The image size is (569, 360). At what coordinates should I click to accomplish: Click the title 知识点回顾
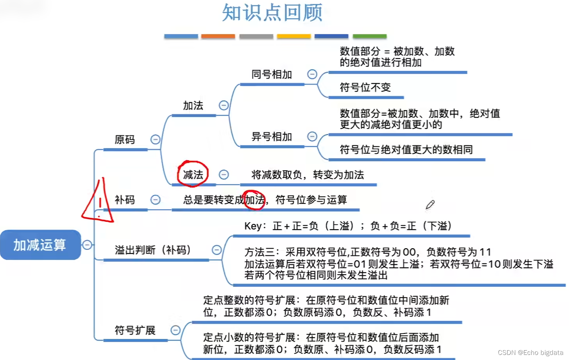(272, 12)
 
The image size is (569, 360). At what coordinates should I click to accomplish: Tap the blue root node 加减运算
(40, 245)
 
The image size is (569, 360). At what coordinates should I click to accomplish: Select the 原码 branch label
(125, 140)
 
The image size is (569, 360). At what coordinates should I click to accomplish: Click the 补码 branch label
(125, 200)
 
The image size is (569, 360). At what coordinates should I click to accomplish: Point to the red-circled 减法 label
(193, 175)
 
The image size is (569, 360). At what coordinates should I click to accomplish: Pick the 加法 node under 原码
(193, 105)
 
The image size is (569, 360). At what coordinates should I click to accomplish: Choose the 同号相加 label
(272, 74)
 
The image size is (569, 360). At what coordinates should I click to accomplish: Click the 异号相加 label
(272, 137)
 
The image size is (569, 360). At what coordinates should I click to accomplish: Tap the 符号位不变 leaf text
(365, 87)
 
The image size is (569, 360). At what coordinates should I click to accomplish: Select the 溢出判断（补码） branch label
(153, 250)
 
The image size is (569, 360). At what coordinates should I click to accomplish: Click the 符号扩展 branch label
(135, 330)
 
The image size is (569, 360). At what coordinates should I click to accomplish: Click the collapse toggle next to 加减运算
(87, 245)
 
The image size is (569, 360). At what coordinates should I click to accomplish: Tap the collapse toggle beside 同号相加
(312, 74)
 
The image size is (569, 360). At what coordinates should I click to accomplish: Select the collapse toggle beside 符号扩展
(175, 330)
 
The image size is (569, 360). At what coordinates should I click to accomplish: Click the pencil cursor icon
(430, 205)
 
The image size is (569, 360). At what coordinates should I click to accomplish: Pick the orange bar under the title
(218, 36)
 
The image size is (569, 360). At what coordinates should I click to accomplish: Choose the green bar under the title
(369, 36)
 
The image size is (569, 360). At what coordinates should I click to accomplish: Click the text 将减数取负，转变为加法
(308, 175)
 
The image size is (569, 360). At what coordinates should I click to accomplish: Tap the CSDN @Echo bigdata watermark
(530, 353)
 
